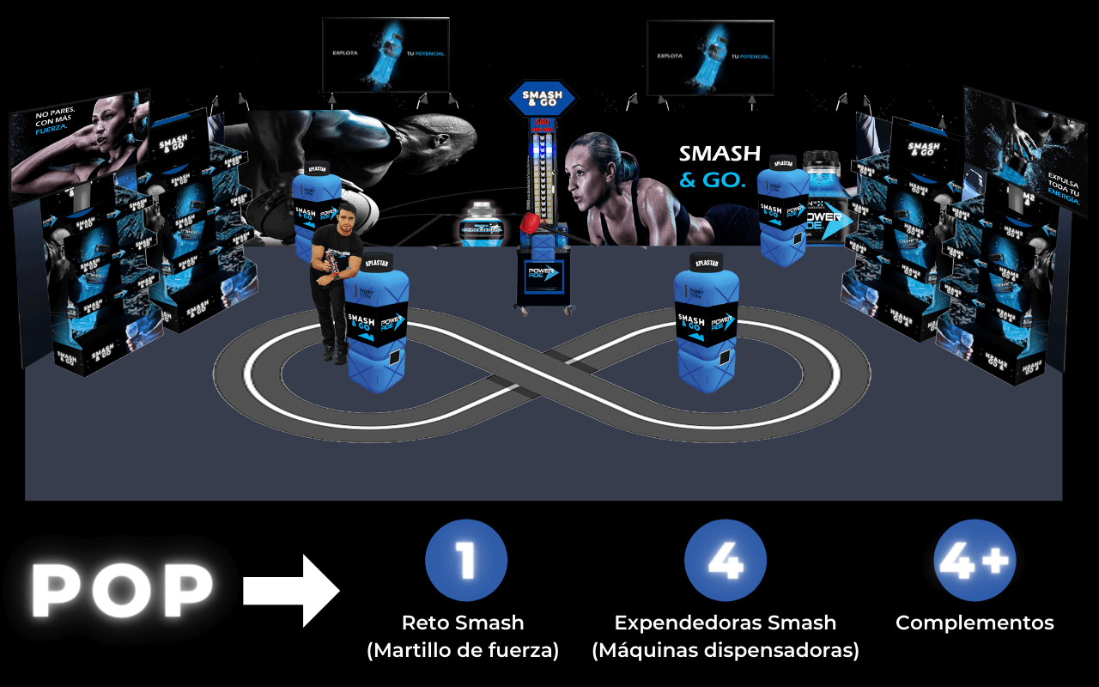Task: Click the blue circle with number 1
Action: coord(466,561)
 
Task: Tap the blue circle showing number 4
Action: coord(726,561)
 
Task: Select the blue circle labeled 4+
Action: coord(975,561)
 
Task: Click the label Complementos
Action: coord(975,623)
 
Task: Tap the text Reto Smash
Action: coord(463,623)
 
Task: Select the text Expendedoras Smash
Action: coord(726,623)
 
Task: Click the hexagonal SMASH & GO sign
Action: coord(542,98)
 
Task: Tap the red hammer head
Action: coord(531,225)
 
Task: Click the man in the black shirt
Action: coord(330,275)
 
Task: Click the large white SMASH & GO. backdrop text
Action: coord(719,167)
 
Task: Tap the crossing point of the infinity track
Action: coord(539,371)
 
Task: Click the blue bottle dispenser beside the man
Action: coord(375,331)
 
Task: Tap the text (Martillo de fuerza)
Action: coord(463,651)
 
